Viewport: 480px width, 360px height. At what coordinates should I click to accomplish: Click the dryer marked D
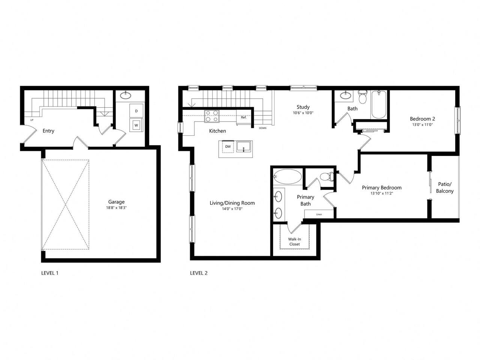tap(136, 111)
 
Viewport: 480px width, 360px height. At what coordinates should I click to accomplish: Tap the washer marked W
tap(136, 125)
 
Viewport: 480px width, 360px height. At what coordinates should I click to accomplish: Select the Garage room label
tap(116, 202)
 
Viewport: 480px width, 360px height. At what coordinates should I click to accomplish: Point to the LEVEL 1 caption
tap(49, 273)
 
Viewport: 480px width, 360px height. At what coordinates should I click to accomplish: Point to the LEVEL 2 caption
tap(199, 273)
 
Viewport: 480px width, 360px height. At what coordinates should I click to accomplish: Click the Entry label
tap(48, 131)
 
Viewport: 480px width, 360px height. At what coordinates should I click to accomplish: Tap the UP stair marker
tap(32, 120)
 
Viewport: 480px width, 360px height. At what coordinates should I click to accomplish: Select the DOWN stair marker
tap(262, 128)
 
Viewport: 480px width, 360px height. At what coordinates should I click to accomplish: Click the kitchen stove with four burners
tap(212, 116)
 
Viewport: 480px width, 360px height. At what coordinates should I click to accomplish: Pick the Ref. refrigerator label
tap(244, 117)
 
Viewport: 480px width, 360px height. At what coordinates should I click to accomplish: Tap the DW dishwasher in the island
tap(228, 147)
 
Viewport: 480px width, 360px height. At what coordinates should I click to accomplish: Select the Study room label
tap(303, 107)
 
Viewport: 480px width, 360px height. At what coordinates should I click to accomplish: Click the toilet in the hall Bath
tap(362, 97)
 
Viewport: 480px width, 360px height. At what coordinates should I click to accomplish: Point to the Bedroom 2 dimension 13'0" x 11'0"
tap(422, 125)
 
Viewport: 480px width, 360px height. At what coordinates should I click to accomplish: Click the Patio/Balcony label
tap(445, 187)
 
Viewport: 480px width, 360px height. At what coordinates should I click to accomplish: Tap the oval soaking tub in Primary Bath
tap(287, 176)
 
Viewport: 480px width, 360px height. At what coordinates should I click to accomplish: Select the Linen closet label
tap(319, 214)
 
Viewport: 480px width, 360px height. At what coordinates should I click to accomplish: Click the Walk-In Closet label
tap(294, 241)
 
